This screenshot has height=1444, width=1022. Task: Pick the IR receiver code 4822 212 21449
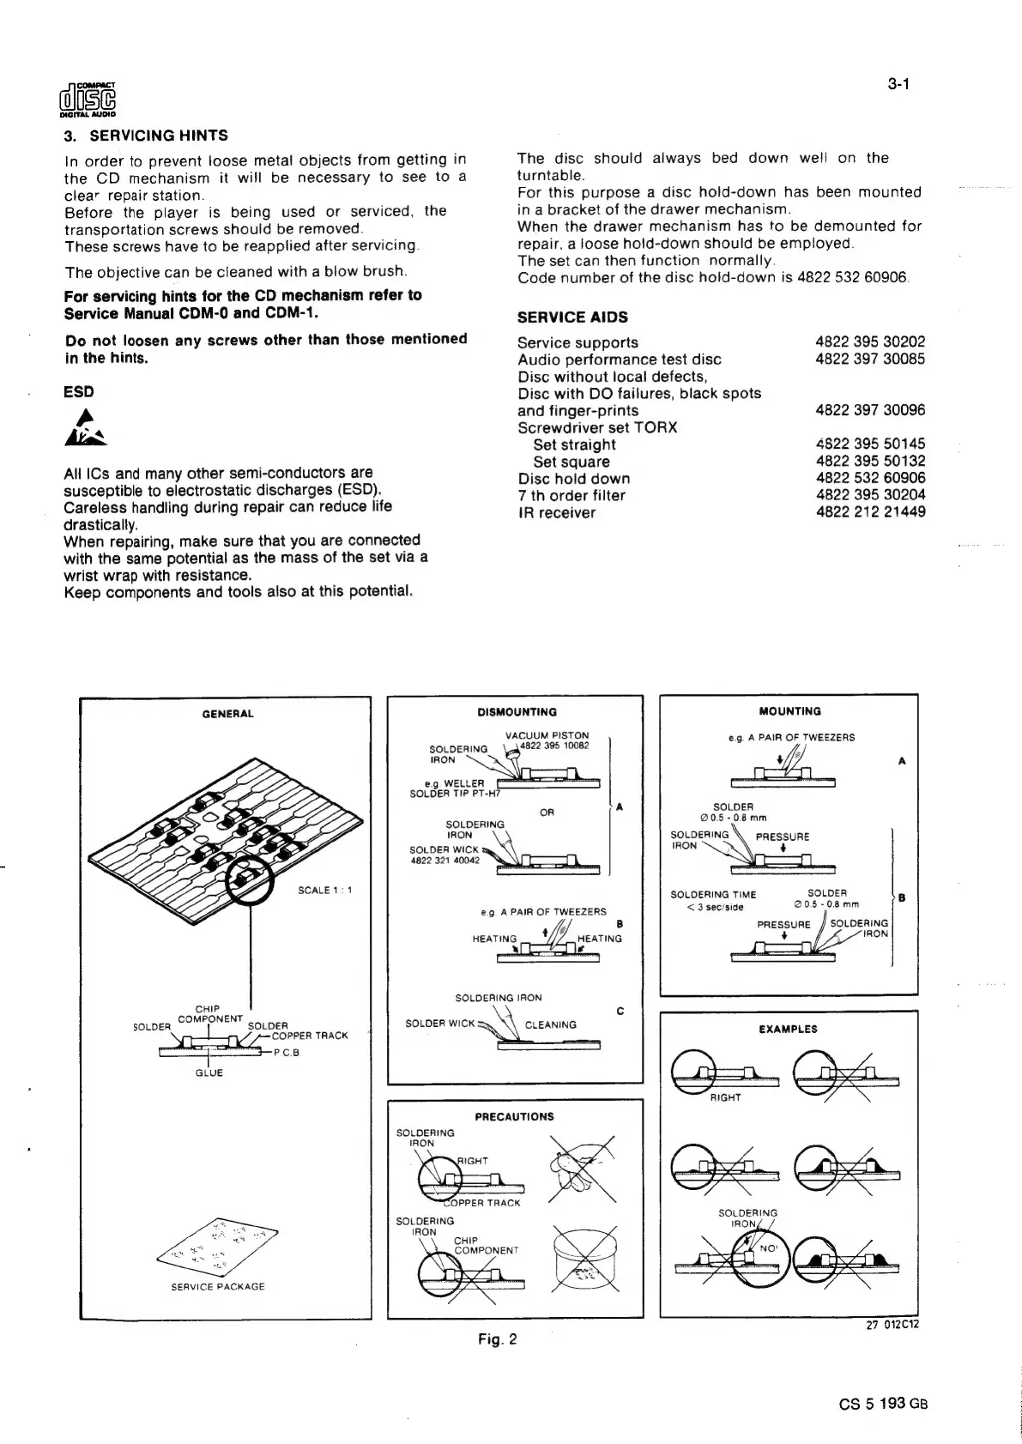click(870, 512)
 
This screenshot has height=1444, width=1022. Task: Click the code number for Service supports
click(870, 342)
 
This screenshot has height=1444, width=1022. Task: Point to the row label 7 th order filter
click(571, 495)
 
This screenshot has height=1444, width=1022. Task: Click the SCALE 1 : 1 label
click(325, 890)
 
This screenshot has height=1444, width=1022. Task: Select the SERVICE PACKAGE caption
click(218, 1287)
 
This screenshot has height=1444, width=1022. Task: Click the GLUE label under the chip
click(209, 1073)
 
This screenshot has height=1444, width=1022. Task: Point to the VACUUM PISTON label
click(547, 735)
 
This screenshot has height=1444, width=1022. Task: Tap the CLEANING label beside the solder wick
click(550, 1024)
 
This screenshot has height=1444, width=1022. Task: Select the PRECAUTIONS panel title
click(514, 1117)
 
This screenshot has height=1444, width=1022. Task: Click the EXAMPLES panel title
click(789, 1029)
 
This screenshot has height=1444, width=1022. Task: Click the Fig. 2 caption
click(498, 1339)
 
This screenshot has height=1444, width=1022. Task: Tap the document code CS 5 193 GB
click(884, 1404)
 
